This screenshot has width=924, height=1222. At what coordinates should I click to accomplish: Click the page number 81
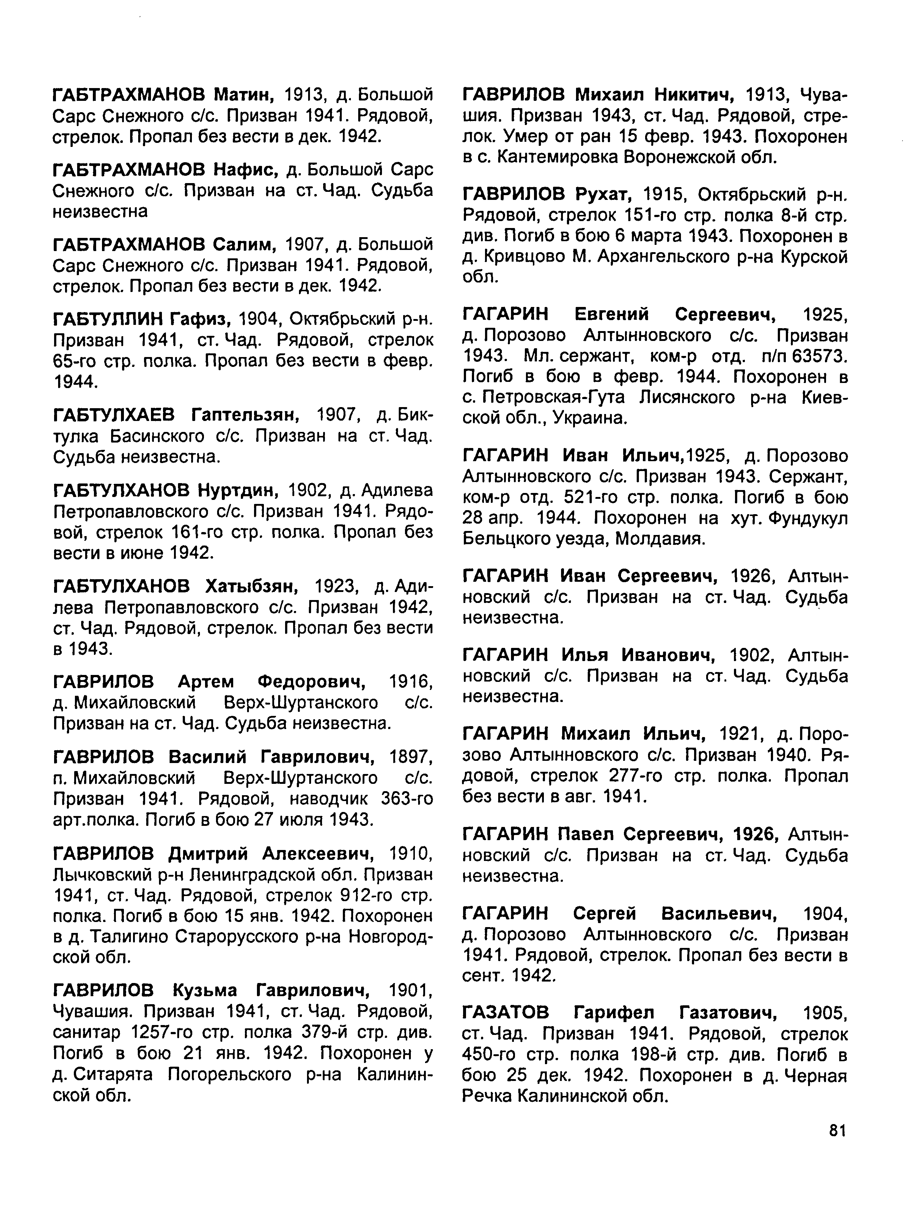(x=838, y=1131)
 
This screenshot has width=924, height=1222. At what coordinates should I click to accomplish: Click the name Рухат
(x=603, y=194)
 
